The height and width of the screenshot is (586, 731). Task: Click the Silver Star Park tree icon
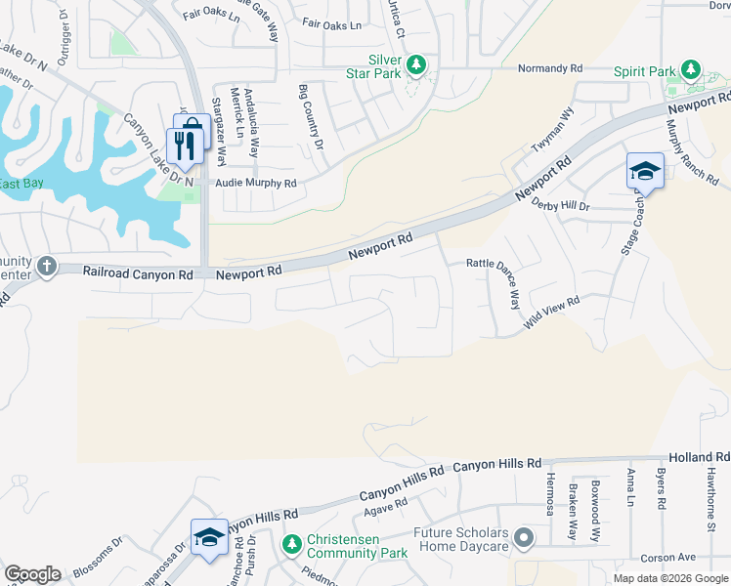pyautogui.click(x=417, y=64)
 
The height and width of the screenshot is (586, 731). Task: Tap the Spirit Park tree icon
pyautogui.click(x=691, y=69)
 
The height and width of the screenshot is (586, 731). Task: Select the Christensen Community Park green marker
pyautogui.click(x=290, y=543)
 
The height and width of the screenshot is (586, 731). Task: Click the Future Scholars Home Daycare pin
pyautogui.click(x=525, y=538)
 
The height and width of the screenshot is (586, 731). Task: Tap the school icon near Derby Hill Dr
pyautogui.click(x=645, y=172)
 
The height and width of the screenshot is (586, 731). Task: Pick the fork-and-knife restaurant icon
pyautogui.click(x=183, y=146)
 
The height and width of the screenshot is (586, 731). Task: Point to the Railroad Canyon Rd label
pyautogui.click(x=138, y=275)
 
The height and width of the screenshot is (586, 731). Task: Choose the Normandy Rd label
pyautogui.click(x=550, y=69)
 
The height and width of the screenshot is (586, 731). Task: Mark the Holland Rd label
pyautogui.click(x=699, y=457)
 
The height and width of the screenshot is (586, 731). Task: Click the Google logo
pyautogui.click(x=32, y=574)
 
